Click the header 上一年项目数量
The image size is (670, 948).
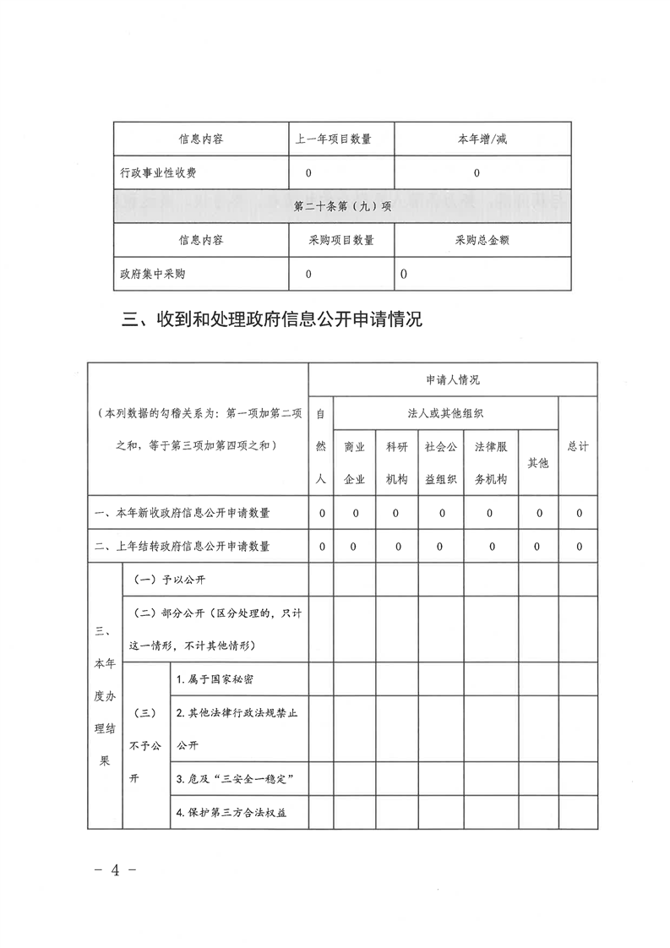[x=332, y=139]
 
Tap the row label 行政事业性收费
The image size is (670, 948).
[x=163, y=173]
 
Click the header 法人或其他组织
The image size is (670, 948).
[x=445, y=413]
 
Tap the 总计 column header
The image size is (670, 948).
[x=578, y=446]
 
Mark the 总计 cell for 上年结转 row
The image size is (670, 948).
[x=579, y=547]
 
